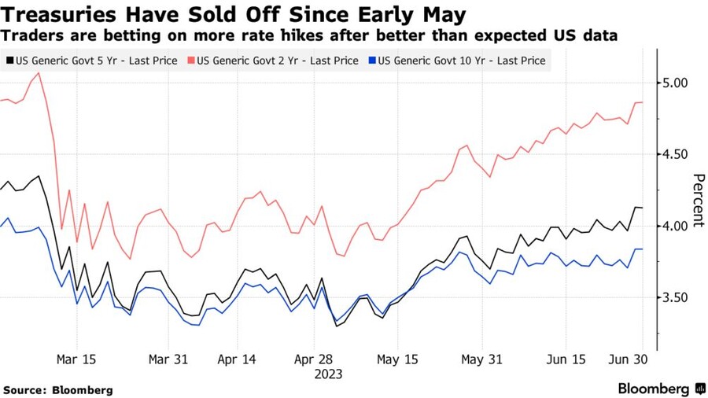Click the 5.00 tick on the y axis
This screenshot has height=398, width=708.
tap(675, 83)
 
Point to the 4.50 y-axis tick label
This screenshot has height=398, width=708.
tap(675, 154)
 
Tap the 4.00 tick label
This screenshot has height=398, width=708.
tap(675, 226)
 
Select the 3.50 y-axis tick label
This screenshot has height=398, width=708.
tap(675, 297)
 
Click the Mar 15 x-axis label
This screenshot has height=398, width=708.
tap(77, 358)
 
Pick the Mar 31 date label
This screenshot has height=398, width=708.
tap(169, 358)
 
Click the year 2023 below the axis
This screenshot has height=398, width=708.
tap(328, 374)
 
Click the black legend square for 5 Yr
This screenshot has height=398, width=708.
tap(9, 61)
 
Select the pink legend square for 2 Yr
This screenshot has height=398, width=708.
tap(191, 61)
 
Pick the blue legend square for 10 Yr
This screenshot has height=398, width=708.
tap(373, 61)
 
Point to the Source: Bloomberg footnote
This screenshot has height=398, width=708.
tap(58, 389)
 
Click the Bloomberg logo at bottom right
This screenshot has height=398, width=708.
tap(662, 389)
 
